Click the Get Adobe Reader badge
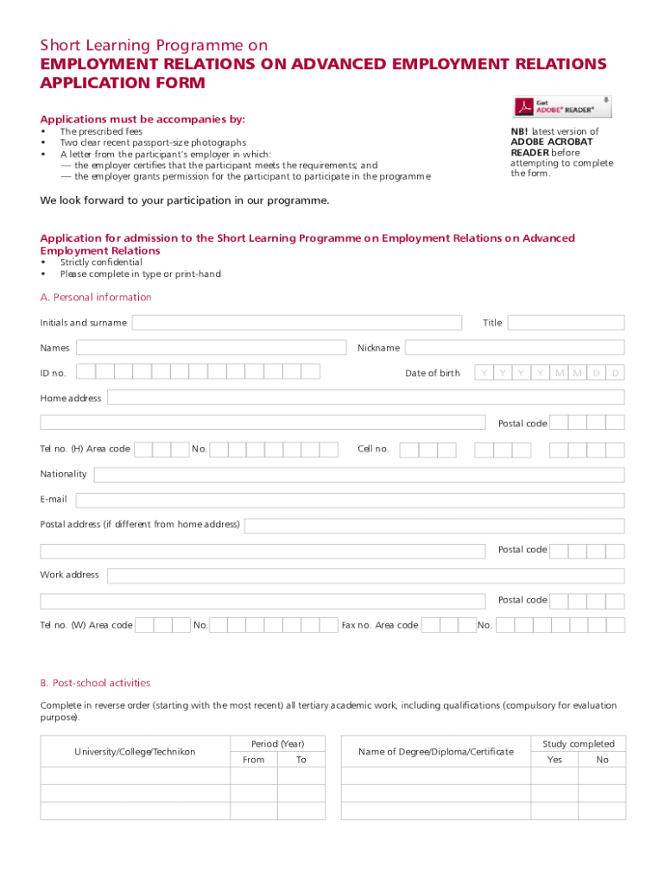pyautogui.click(x=563, y=106)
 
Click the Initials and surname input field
pyautogui.click(x=296, y=323)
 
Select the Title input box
pyautogui.click(x=566, y=323)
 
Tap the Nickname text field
pyautogui.click(x=515, y=348)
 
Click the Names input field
pyautogui.click(x=211, y=348)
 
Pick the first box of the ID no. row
pyautogui.click(x=85, y=372)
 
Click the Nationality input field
pyautogui.click(x=358, y=475)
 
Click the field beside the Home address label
pyautogui.click(x=365, y=398)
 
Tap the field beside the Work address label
pyautogui.click(x=365, y=575)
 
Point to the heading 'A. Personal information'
pyautogui.click(x=96, y=298)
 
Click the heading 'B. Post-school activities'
pyautogui.click(x=95, y=683)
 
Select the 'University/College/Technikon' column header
pyautogui.click(x=135, y=752)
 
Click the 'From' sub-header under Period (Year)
pyautogui.click(x=254, y=760)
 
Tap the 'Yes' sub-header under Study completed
pyautogui.click(x=554, y=760)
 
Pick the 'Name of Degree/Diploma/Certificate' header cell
pyautogui.click(x=436, y=752)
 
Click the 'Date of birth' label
pyautogui.click(x=433, y=374)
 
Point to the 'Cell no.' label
pyautogui.click(x=374, y=449)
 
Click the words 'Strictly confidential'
pyautogui.click(x=101, y=262)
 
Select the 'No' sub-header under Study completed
pyautogui.click(x=603, y=760)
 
